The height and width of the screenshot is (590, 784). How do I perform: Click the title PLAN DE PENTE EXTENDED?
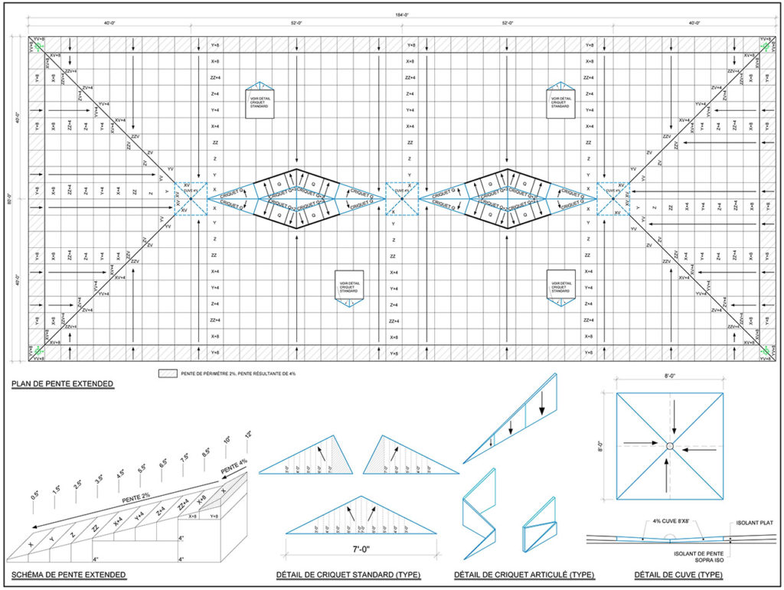[62, 383]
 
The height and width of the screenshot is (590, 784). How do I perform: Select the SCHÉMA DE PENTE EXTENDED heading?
[68, 575]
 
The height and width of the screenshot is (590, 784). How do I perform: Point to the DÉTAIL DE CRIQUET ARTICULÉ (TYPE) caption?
[524, 575]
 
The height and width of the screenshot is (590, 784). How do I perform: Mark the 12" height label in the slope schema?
[247, 435]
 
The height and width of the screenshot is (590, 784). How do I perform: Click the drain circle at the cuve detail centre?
[669, 446]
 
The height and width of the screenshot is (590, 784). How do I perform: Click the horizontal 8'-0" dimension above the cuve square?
[669, 376]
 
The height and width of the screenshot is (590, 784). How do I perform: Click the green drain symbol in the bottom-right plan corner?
[766, 350]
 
